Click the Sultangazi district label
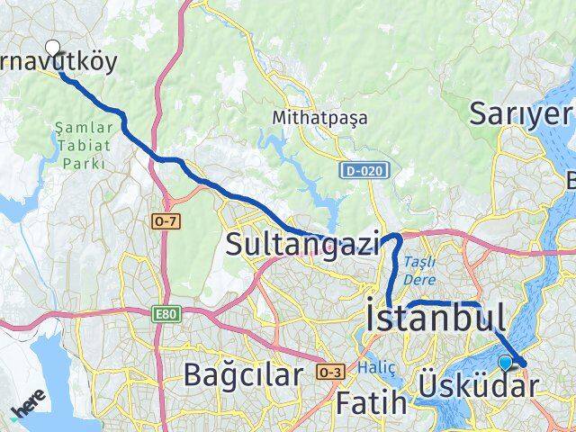coord(302,244)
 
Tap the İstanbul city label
coord(435,318)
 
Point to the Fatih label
coord(372,404)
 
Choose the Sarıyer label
coord(521,114)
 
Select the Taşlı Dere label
coord(420,270)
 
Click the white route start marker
coord(52,48)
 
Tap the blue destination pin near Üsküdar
coord(505,362)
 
